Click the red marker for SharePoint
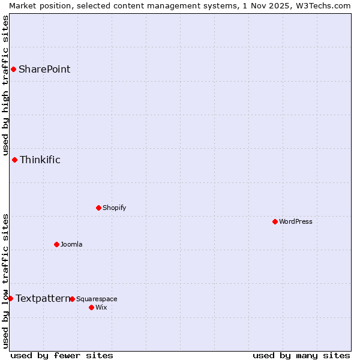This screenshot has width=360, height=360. coord(13,69)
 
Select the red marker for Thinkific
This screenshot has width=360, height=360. coord(14,160)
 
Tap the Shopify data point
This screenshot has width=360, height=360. coord(98,208)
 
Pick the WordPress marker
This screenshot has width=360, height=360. coord(275,221)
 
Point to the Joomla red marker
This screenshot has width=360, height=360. coord(56,244)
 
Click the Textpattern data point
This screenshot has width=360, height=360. coord(10,298)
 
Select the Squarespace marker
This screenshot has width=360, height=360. coord(72,299)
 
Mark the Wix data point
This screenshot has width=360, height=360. coord(91,307)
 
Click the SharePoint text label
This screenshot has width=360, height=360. coord(44,69)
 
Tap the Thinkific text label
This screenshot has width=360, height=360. coord(40,160)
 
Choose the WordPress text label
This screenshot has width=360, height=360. coord(296,221)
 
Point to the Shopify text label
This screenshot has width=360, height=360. coord(115,208)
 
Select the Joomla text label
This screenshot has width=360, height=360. coord(71,244)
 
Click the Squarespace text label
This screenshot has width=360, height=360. coord(97,299)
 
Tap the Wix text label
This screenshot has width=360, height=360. coord(101,307)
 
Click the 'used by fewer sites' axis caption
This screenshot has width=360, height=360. coord(62,355)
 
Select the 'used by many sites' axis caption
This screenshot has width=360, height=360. coord(301,355)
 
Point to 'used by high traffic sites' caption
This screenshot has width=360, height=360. coord(5,86)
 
